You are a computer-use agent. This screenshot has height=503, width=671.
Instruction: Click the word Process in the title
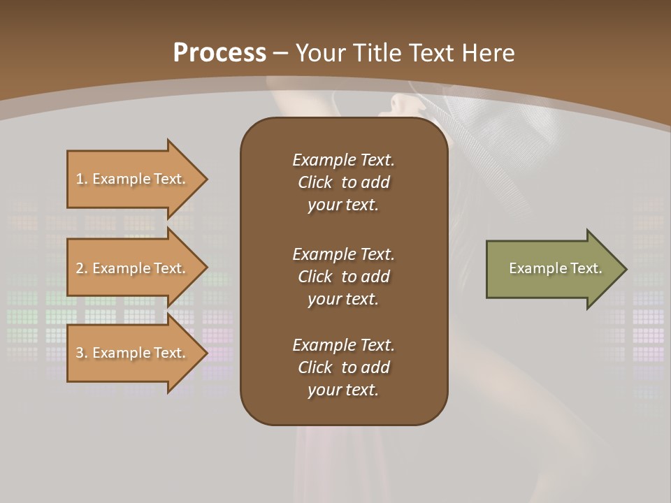219,53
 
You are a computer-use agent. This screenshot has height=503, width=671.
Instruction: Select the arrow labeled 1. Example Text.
133,179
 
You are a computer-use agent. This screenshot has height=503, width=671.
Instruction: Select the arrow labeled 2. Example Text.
133,268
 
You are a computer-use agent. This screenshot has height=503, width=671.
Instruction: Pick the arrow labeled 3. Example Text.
133,353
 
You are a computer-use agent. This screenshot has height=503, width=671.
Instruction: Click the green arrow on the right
552,269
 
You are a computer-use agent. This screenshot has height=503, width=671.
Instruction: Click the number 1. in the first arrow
82,179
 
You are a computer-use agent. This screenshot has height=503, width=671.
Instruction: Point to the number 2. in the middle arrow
82,268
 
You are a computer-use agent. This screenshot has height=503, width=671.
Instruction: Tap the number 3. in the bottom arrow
82,353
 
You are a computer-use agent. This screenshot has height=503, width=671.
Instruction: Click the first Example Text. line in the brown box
343,160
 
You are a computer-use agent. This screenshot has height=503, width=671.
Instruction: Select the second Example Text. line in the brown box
343,254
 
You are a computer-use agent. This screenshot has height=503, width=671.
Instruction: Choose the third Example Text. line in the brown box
343,345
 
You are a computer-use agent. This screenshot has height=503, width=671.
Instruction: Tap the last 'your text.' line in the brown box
343,390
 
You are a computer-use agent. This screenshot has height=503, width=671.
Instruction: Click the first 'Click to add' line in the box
343,182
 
